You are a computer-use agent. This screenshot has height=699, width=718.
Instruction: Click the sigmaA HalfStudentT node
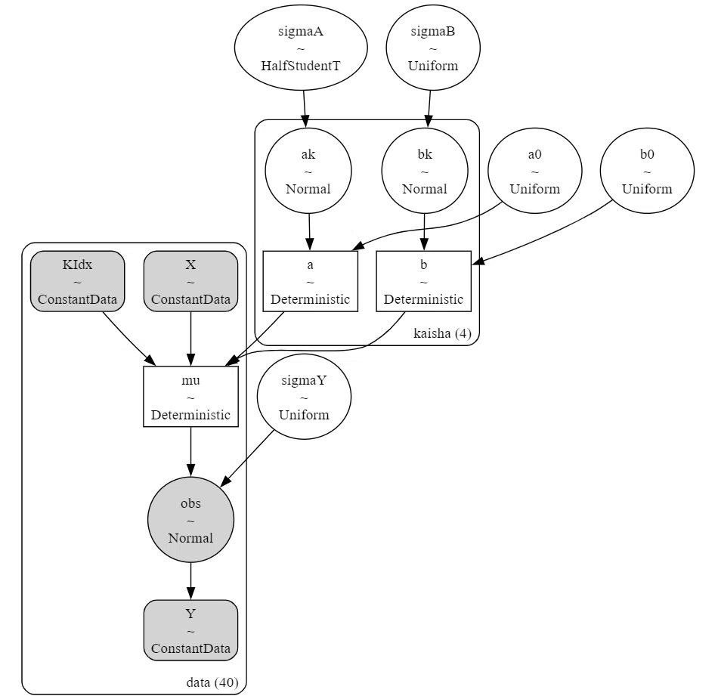301,48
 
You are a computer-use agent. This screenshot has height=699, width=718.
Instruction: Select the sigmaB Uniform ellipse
433,48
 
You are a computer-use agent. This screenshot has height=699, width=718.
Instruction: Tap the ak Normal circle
308,171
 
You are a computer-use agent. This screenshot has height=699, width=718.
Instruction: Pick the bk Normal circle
425,171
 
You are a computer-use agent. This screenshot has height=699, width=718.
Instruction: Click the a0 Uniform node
535,171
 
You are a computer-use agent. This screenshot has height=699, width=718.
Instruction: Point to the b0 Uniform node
647,171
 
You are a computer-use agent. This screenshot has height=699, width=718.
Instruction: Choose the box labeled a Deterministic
311,281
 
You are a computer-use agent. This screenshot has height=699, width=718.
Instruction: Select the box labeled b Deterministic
423,281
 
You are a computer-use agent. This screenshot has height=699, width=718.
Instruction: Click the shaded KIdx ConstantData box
77,281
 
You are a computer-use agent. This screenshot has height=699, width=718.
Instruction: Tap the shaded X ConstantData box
191,281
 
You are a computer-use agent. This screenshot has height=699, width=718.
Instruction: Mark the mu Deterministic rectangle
191,397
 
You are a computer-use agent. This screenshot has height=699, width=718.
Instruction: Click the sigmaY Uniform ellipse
304,397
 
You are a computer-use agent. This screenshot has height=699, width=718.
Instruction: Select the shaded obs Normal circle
191,520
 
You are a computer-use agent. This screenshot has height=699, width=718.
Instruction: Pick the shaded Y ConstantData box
191,630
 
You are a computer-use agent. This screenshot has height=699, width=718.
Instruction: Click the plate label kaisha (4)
442,333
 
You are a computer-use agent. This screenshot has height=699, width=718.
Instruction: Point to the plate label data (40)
212,682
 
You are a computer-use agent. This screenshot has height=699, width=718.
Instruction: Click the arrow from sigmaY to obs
247,458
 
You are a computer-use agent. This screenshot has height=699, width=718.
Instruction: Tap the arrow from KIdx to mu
129,339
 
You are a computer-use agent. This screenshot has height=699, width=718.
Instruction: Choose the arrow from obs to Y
191,581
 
